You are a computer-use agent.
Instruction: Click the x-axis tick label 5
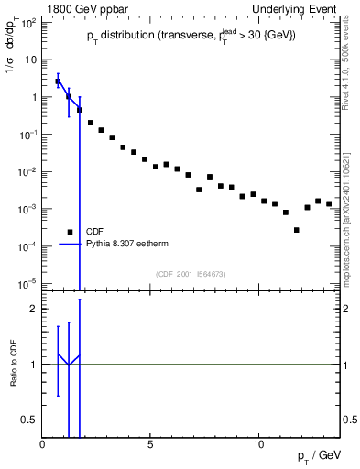[x=150, y=444]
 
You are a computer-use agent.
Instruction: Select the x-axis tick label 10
[x=257, y=444]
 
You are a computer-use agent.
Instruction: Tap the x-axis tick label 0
[x=43, y=444]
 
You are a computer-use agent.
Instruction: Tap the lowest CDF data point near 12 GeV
[x=297, y=230]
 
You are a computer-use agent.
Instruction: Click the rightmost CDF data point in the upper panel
[x=329, y=203]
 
